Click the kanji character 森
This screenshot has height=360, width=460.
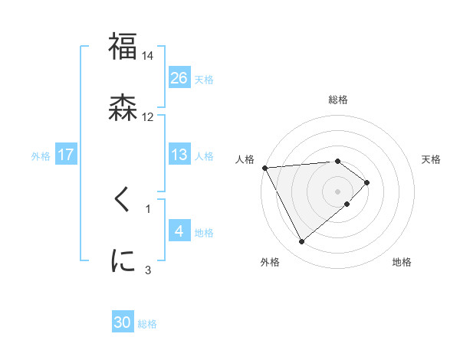tap(123, 106)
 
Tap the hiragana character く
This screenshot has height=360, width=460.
tap(123, 199)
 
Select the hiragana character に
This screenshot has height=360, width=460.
tap(123, 260)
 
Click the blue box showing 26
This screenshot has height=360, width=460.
tap(179, 77)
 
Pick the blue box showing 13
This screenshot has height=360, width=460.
tap(179, 155)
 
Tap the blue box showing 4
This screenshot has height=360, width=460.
tap(179, 231)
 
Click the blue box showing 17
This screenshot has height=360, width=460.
tap(66, 155)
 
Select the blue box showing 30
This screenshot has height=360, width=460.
tap(123, 322)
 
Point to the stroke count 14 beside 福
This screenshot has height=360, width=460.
tap(148, 56)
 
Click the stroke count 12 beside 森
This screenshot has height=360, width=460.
tap(148, 116)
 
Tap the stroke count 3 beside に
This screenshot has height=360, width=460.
tap(148, 270)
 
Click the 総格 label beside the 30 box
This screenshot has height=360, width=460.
tap(147, 324)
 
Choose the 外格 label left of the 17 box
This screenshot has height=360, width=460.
tap(41, 155)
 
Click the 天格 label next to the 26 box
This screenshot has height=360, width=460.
tap(204, 79)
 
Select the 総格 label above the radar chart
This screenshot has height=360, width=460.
tap(338, 100)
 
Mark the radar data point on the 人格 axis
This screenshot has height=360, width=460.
tap(264, 167)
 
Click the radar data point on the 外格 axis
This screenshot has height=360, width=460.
tap(301, 242)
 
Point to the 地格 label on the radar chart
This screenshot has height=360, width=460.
tap(402, 262)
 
